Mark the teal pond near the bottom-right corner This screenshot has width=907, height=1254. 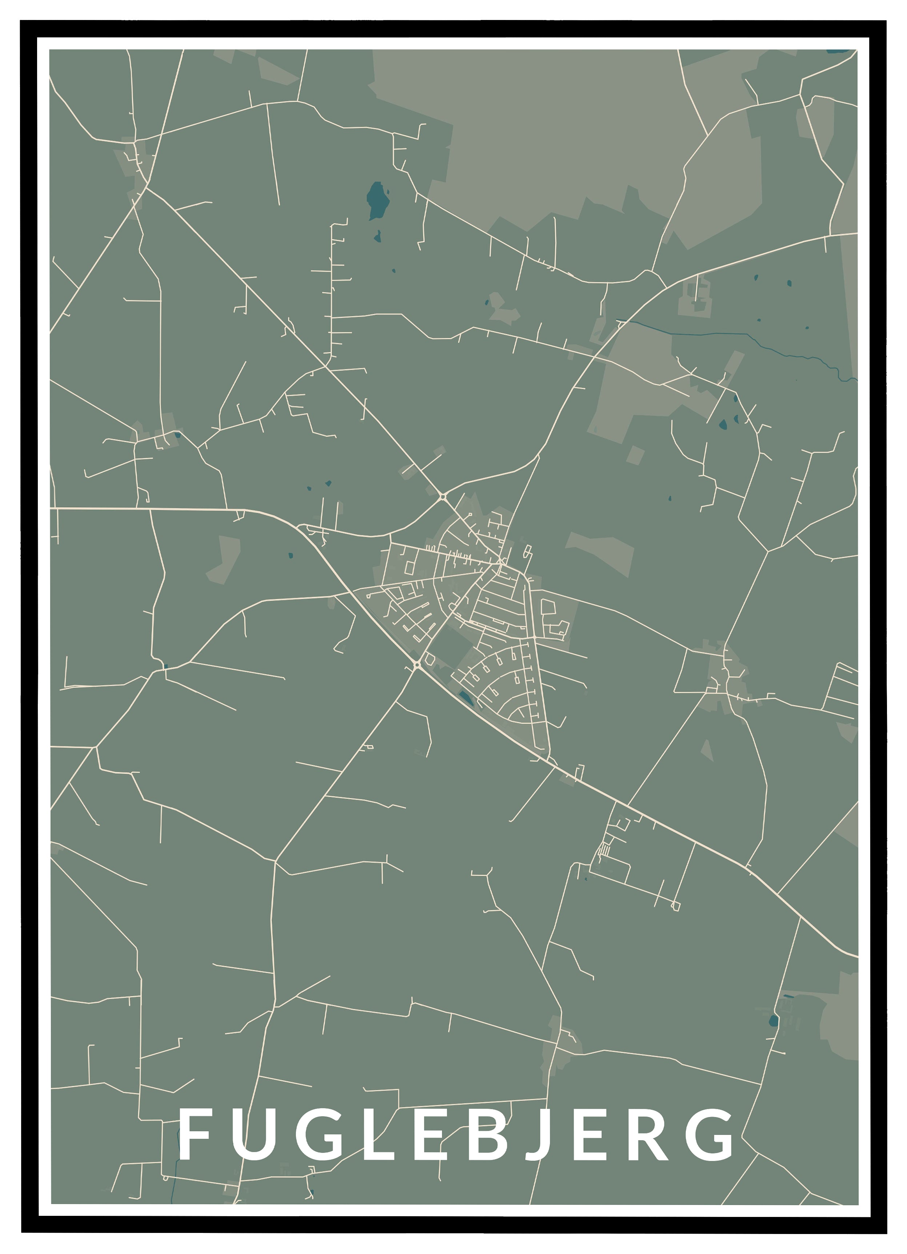point(773,1020)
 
